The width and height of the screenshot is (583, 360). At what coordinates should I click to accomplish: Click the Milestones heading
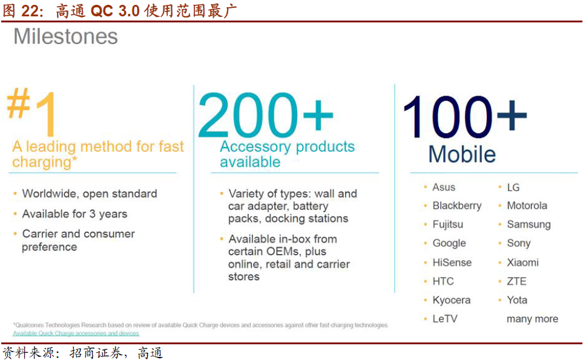tap(65, 37)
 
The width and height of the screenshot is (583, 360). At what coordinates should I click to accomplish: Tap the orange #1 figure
tap(32, 111)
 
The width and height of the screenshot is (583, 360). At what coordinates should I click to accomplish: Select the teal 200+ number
tap(265, 114)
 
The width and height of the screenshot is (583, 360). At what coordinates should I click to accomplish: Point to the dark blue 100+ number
tap(465, 117)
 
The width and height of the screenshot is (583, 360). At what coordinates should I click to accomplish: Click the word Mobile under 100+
tap(462, 154)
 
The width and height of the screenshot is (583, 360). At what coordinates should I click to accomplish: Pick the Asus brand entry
tap(444, 187)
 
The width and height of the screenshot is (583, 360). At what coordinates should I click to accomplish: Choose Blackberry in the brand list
tap(457, 206)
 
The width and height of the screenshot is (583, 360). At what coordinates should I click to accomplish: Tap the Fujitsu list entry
tap(447, 224)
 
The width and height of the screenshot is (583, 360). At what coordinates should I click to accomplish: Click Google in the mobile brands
tap(449, 243)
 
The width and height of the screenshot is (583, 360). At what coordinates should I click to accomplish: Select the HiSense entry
tap(452, 263)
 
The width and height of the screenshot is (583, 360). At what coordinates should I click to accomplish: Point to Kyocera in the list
tap(452, 300)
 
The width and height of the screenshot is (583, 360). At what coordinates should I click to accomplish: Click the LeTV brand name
tap(445, 319)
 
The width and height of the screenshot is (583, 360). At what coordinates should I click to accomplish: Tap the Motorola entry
tap(527, 206)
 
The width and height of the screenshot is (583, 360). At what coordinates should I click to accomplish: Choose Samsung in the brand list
tap(529, 224)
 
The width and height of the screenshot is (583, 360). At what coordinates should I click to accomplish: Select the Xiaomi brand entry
tap(523, 263)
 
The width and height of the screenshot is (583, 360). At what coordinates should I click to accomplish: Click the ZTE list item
tap(516, 281)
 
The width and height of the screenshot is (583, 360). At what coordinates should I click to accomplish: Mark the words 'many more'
tap(532, 319)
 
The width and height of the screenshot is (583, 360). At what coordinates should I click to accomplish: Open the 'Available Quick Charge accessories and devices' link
tap(76, 333)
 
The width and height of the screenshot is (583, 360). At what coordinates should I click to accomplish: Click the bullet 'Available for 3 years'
tap(74, 214)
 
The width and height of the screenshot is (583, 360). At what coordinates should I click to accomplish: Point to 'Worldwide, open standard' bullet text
tap(90, 194)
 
